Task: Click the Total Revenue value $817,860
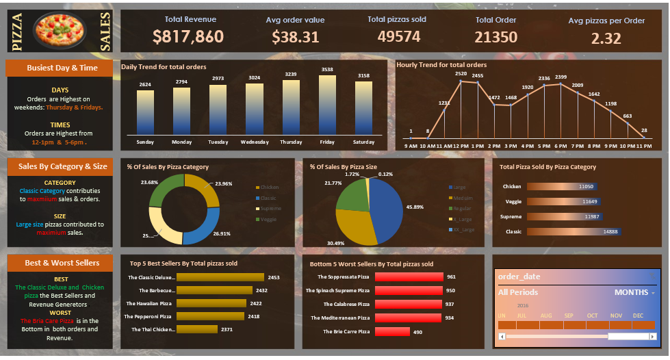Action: point(188,37)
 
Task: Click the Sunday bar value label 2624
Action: point(145,85)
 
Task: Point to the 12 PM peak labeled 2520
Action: point(461,81)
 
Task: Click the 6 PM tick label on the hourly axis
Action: point(561,146)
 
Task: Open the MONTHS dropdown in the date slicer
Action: point(635,292)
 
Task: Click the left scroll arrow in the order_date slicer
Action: point(502,336)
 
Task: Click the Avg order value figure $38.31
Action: point(295,37)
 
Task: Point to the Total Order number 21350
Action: point(495,37)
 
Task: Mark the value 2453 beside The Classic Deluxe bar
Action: point(274,277)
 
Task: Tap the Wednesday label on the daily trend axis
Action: point(255,142)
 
